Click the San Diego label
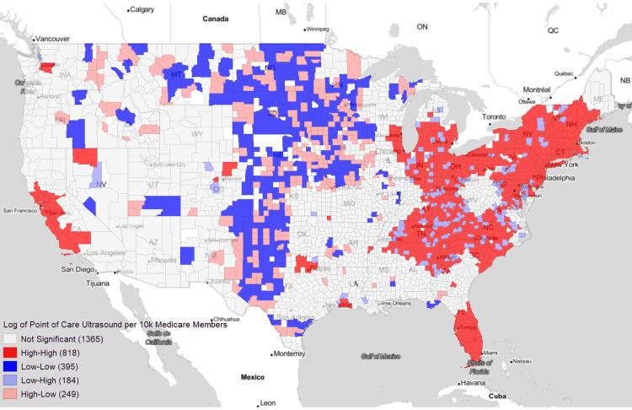coord(73,270)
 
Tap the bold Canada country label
coord(217,17)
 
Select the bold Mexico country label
coord(252,375)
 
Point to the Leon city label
coord(267,402)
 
